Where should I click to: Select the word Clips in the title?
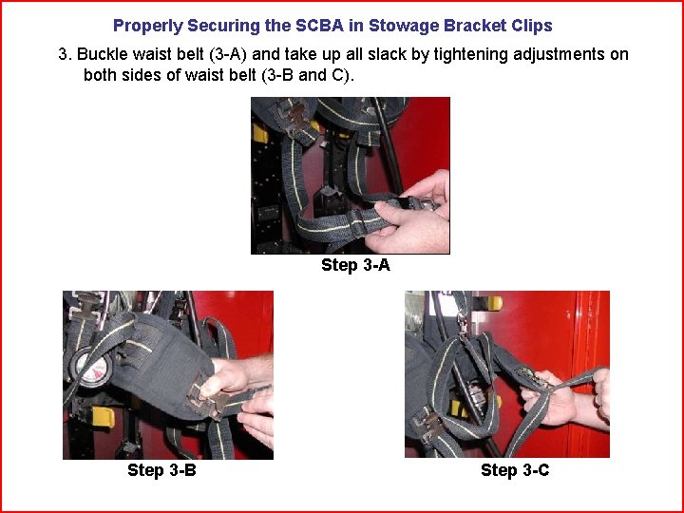pyautogui.click(x=530, y=26)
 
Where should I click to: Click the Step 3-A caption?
pyautogui.click(x=355, y=265)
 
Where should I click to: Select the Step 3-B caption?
pyautogui.click(x=161, y=470)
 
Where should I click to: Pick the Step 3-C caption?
pyautogui.click(x=515, y=470)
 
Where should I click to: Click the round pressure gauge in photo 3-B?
pyautogui.click(x=92, y=368)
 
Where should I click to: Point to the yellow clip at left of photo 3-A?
pyautogui.click(x=259, y=133)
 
